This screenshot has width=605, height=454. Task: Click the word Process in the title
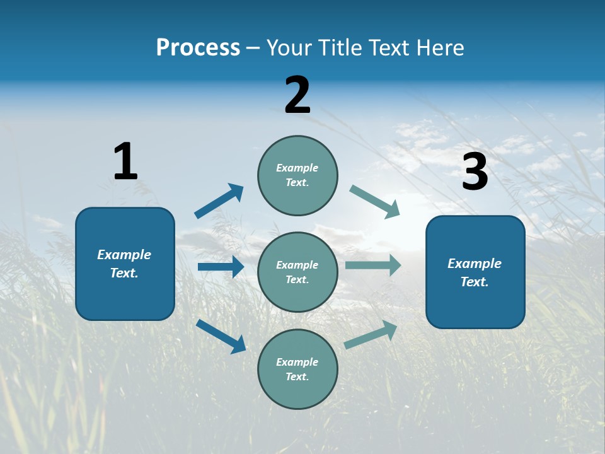coord(198,48)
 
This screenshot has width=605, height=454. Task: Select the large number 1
coord(125,161)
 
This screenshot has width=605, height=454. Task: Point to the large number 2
coord(297,95)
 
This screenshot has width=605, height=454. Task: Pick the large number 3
coord(475,172)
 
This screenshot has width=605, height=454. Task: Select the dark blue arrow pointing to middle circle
coord(221,267)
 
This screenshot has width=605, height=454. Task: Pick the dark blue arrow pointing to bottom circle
coord(221,336)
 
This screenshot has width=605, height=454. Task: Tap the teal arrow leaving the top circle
coord(375,202)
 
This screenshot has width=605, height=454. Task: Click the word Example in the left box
coord(124,255)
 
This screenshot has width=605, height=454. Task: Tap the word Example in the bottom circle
coord(297,362)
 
